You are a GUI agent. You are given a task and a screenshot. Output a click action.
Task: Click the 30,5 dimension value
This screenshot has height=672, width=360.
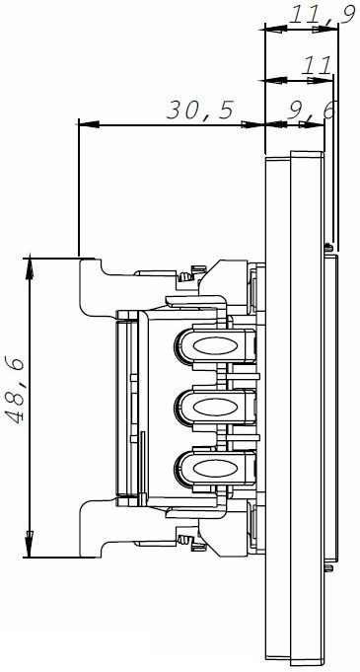200,111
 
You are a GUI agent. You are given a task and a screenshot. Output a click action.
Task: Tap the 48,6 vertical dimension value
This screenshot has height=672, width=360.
15,390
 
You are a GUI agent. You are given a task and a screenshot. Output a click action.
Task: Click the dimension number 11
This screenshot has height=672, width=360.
317,65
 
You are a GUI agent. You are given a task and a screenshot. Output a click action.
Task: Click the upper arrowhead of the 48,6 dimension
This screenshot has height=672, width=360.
30,268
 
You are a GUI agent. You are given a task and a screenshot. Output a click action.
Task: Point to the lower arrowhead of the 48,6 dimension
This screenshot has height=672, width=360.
30,547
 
